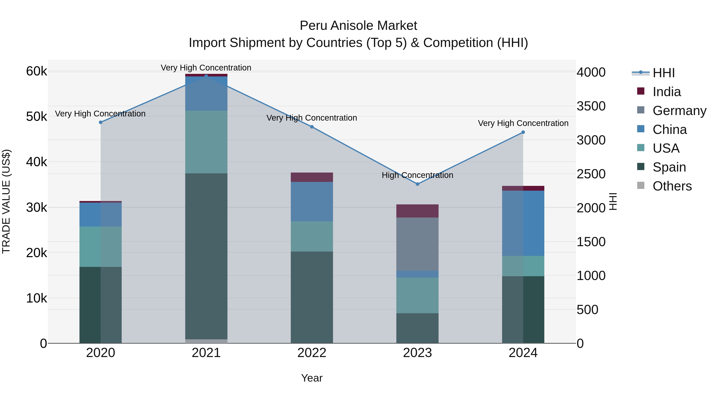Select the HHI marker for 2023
pyautogui.click(x=417, y=184)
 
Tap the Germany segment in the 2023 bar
pyautogui.click(x=417, y=244)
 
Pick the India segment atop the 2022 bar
pyautogui.click(x=312, y=177)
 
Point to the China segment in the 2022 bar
pyautogui.click(x=312, y=202)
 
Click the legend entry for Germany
pyautogui.click(x=679, y=111)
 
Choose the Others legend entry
pyautogui.click(x=672, y=186)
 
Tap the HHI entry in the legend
pyautogui.click(x=664, y=73)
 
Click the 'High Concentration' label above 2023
pyautogui.click(x=417, y=175)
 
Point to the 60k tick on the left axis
pyautogui.click(x=36, y=71)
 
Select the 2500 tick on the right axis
pyautogui.click(x=591, y=174)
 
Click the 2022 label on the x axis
pyautogui.click(x=312, y=353)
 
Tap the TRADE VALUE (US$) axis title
pyautogui.click(x=6, y=201)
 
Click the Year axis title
pyautogui.click(x=312, y=378)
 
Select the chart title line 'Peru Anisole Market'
pyautogui.click(x=358, y=26)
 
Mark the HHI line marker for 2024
pyautogui.click(x=523, y=132)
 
